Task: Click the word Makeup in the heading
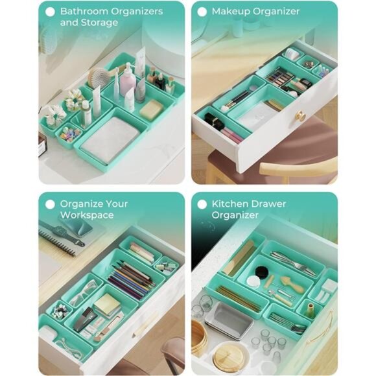click(x=229, y=11)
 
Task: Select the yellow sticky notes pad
click(x=107, y=303)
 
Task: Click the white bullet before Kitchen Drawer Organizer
click(x=202, y=204)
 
